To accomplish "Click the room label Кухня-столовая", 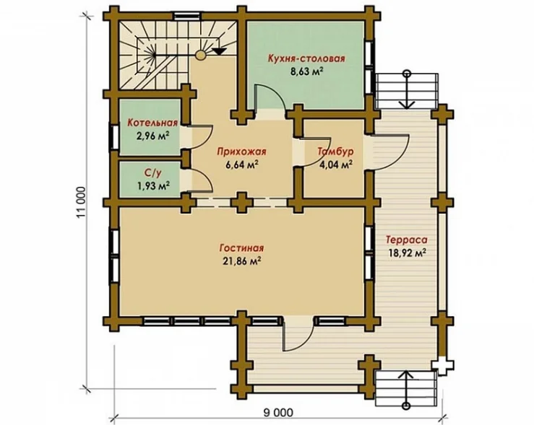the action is click(306, 58).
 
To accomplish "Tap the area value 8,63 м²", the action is click(306, 72).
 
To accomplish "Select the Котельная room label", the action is click(152, 123).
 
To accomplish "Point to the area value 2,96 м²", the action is click(153, 136).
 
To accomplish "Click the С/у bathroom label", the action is click(152, 173).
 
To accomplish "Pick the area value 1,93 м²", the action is click(153, 186).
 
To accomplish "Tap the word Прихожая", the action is click(241, 152).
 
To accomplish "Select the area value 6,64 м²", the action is click(241, 165).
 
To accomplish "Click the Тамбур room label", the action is click(335, 152).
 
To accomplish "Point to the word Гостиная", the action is click(241, 248).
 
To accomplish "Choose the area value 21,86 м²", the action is click(242, 261).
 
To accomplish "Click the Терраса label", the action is click(407, 240).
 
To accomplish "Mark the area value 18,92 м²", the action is click(408, 253).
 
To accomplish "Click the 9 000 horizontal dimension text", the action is click(278, 413).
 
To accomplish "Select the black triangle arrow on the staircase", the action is click(220, 51).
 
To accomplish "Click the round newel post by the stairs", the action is click(201, 55).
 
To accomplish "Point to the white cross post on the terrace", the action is click(442, 365).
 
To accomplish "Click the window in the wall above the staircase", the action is click(186, 16).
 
